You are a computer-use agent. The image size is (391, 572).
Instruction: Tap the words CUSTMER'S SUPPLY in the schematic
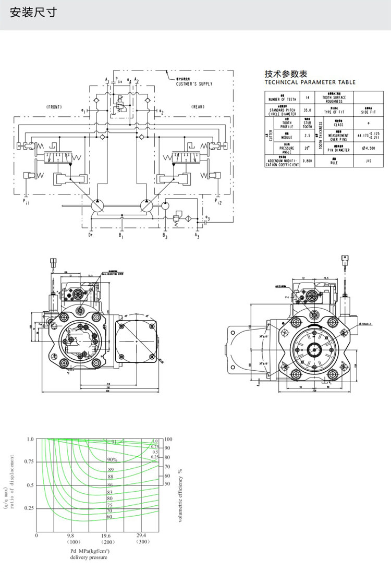(x=194, y=83)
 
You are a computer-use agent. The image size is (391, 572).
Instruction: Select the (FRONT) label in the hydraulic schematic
(x=54, y=106)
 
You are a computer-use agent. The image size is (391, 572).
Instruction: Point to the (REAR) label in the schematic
(x=198, y=106)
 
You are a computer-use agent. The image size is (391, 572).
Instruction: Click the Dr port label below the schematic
(x=90, y=236)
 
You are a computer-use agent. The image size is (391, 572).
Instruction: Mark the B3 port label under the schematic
(x=164, y=236)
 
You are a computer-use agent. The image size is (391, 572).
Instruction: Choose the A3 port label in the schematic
(x=197, y=236)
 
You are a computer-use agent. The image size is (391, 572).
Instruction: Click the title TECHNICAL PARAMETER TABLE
(x=310, y=82)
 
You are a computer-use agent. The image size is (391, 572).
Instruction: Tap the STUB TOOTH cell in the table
(x=307, y=124)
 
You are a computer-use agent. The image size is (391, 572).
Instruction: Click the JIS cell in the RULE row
(x=368, y=162)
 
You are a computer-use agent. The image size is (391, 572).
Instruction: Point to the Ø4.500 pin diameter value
(x=368, y=149)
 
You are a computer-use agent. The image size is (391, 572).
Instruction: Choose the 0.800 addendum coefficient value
(x=307, y=162)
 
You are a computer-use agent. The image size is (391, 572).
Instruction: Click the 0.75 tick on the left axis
(x=29, y=461)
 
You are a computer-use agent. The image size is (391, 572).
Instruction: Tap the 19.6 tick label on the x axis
(x=106, y=535)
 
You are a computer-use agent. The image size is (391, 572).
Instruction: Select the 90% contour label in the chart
(x=112, y=459)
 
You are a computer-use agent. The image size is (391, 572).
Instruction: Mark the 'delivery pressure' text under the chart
(x=89, y=557)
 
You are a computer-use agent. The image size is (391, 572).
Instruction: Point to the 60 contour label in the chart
(x=109, y=517)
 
